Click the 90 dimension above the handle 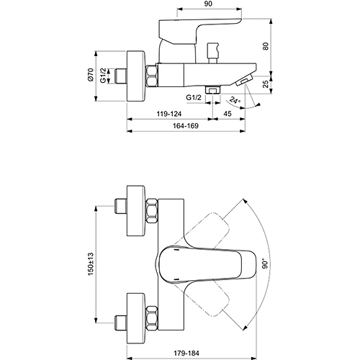click(209, 4)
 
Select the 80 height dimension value click(266, 46)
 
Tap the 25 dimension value click(266, 84)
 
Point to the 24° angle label click(235, 100)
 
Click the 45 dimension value click(228, 113)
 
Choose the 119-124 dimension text click(169, 114)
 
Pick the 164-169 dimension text click(186, 125)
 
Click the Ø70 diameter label click(91, 75)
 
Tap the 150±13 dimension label click(91, 264)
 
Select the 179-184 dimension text click(186, 353)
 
